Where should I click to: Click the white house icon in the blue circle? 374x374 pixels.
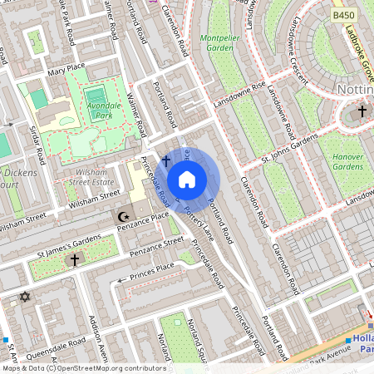[187, 180]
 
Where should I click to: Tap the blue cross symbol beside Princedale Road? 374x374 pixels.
[165, 160]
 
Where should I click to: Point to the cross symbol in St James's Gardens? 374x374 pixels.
[74, 260]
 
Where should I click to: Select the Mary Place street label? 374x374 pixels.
[67, 68]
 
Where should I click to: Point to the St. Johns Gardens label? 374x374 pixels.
[291, 154]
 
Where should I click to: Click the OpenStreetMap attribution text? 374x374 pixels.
[83, 368]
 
